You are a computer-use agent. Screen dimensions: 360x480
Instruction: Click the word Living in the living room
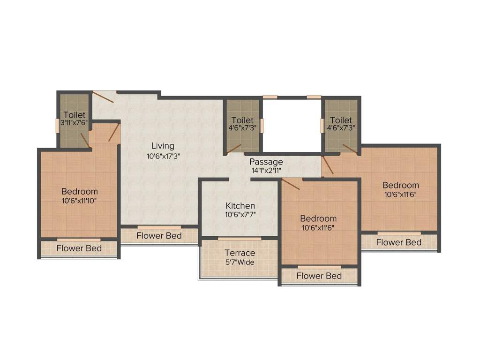163,146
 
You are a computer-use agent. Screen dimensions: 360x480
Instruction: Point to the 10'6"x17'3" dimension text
163,156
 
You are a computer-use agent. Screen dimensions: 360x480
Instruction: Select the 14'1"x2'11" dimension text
266,171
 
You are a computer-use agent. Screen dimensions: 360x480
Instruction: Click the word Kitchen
240,206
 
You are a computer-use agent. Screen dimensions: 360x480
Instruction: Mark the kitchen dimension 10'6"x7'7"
240,215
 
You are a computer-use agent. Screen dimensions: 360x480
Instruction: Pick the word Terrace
240,253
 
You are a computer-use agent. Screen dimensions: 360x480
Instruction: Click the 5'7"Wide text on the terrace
240,262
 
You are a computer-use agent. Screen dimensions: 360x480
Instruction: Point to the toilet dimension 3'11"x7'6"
75,124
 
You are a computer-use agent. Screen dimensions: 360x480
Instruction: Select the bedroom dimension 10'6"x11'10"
80,201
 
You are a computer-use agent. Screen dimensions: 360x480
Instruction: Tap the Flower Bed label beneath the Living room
159,236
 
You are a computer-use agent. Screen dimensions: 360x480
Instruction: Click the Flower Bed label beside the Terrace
319,276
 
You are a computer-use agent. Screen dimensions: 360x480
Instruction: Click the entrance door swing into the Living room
103,97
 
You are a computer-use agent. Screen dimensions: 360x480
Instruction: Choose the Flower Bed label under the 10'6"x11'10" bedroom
79,248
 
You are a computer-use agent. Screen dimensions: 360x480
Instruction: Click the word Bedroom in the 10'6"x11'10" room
80,191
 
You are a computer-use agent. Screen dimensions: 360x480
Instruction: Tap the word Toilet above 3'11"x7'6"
75,115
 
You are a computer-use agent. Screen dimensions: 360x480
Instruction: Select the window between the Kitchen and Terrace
240,239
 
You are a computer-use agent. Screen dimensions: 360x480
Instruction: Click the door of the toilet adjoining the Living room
233,149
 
